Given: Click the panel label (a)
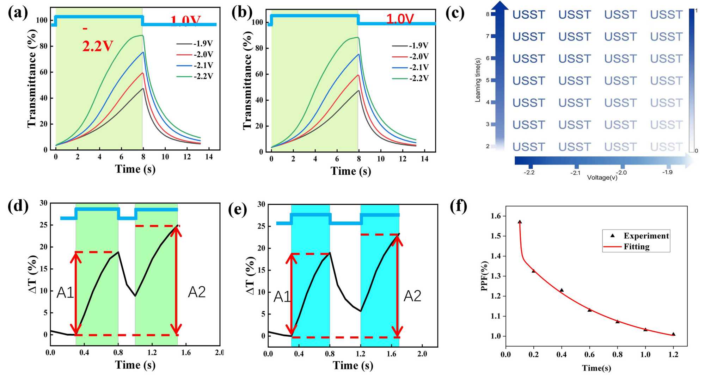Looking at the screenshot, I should click(x=18, y=13).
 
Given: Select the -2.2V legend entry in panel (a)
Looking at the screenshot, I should click(x=203, y=76).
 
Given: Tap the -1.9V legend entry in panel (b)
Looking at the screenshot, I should click(x=418, y=46).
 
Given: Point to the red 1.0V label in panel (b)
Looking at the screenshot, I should click(x=400, y=19).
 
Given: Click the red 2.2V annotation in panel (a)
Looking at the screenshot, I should click(x=98, y=46).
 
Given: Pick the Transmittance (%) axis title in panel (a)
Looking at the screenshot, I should click(x=32, y=78).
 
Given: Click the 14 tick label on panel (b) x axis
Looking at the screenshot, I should click(x=424, y=159).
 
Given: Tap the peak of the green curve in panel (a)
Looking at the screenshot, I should click(x=142, y=35).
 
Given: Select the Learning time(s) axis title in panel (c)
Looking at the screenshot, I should click(x=478, y=80).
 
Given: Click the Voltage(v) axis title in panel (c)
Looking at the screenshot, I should click(x=602, y=177).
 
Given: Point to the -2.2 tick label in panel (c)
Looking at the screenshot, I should click(x=529, y=173).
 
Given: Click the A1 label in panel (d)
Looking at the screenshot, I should click(x=65, y=293).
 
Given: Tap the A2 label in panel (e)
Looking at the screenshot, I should click(x=412, y=296).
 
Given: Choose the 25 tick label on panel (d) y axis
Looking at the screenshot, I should click(x=43, y=225).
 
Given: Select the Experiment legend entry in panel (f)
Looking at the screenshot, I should click(x=646, y=236).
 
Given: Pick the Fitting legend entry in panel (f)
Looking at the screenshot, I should click(x=636, y=247).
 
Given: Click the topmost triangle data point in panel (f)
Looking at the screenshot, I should click(x=520, y=222).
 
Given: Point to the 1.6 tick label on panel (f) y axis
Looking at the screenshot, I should click(x=496, y=216).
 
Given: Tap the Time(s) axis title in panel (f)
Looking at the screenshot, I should click(x=596, y=368).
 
